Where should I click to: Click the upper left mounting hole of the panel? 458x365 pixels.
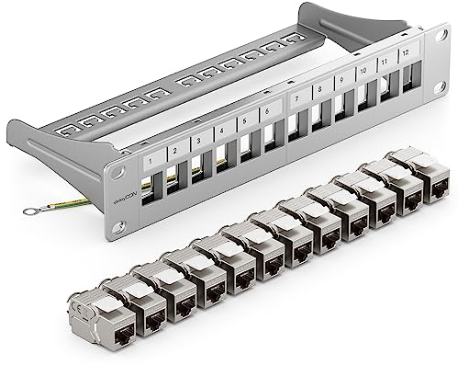coord(118,171)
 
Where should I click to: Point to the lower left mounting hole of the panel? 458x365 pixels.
coord(117,226)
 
